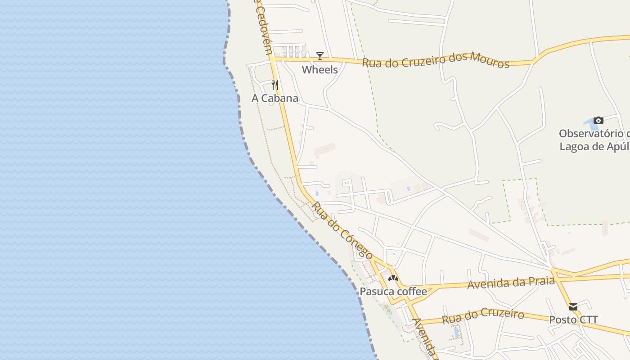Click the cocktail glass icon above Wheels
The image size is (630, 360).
[x=320, y=56]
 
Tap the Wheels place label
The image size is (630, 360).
[x=319, y=70]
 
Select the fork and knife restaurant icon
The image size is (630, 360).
[x=275, y=85]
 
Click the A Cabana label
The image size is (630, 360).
[x=274, y=98]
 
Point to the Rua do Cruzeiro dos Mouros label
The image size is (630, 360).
[x=436, y=60]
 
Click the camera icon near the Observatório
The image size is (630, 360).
[x=598, y=120]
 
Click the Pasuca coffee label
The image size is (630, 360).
[x=393, y=292]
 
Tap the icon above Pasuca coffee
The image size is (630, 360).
[x=393, y=278]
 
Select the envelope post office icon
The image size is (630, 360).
[x=573, y=307]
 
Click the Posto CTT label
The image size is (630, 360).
[x=573, y=320]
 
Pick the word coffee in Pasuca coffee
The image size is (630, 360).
[x=410, y=292]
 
